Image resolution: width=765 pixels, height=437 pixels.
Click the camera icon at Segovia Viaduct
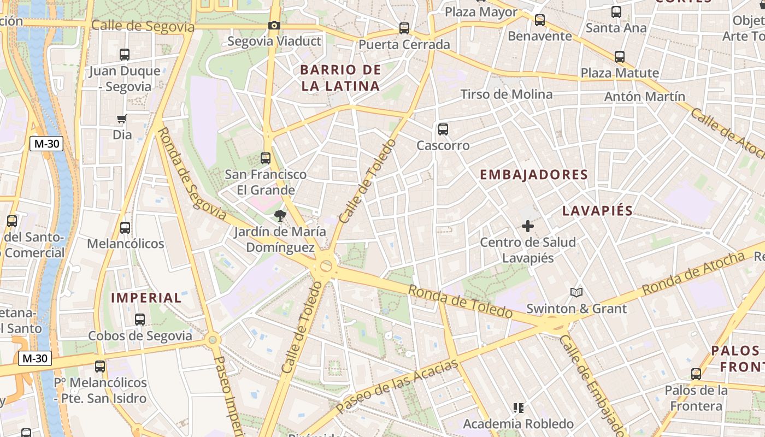(274, 25)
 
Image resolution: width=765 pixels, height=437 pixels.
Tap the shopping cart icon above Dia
(122, 119)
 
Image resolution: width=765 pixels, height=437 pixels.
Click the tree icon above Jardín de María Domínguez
(280, 215)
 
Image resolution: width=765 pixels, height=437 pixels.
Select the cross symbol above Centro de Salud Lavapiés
(527, 226)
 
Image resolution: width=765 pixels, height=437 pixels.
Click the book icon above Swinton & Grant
(576, 292)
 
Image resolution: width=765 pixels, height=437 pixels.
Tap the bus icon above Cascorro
(443, 129)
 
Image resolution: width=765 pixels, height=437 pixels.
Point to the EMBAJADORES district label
(533, 175)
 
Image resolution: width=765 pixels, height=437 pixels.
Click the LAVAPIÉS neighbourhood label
(597, 211)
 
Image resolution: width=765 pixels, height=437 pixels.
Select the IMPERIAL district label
(146, 298)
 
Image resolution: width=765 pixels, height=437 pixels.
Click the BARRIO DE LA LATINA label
(340, 78)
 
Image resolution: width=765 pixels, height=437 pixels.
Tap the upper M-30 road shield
(46, 144)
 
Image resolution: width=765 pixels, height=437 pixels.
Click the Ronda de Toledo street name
(460, 301)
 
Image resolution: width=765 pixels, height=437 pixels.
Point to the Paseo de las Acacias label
(397, 386)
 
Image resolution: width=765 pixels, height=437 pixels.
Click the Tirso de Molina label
(507, 94)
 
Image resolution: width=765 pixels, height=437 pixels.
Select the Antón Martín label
(644, 97)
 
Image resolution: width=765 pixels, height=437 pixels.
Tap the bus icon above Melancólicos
(125, 227)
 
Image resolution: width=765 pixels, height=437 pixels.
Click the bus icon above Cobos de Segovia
(140, 320)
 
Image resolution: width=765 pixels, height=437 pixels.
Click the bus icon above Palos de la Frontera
(696, 374)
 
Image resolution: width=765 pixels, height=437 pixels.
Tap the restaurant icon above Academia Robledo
(518, 408)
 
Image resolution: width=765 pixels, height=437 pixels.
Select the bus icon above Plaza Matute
(619, 56)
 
